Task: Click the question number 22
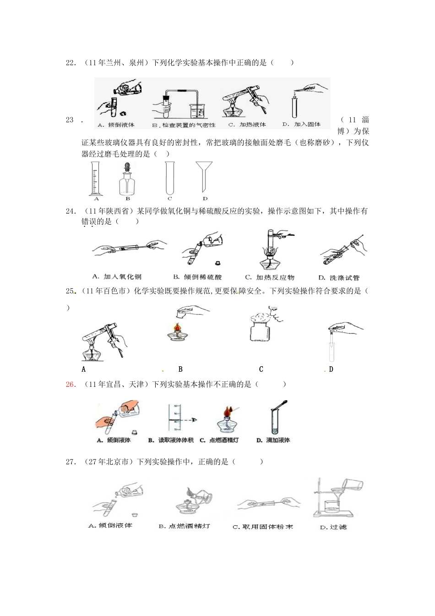click(x=71, y=63)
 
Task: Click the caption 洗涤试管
click(x=339, y=277)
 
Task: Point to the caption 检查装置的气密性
click(x=184, y=125)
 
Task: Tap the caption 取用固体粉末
click(x=263, y=527)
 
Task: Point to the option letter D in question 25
click(x=331, y=369)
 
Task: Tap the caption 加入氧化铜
click(x=117, y=277)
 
